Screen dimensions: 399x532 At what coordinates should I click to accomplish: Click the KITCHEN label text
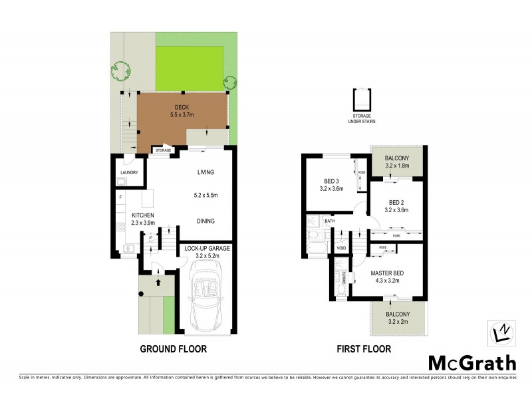pos(143,215)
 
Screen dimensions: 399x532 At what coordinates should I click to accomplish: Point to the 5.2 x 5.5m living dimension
pos(206,196)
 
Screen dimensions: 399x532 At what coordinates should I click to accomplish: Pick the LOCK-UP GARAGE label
pos(207,248)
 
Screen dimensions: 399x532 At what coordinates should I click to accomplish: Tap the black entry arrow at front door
pos(158,282)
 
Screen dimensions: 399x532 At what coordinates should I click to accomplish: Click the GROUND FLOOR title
pos(173,348)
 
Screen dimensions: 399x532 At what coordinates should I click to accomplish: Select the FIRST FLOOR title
pos(363,348)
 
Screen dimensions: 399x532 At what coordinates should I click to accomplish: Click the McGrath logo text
pos(471,362)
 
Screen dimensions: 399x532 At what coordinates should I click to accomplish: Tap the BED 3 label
pos(331,181)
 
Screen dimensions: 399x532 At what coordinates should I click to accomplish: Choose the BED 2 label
pos(396,202)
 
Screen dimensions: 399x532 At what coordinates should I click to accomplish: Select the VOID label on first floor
pos(341,249)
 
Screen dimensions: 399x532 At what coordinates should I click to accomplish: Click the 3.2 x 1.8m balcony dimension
pos(396,166)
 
